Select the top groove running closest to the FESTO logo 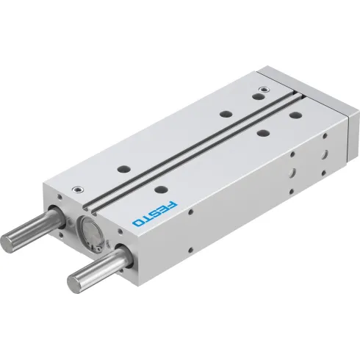(198, 154)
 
